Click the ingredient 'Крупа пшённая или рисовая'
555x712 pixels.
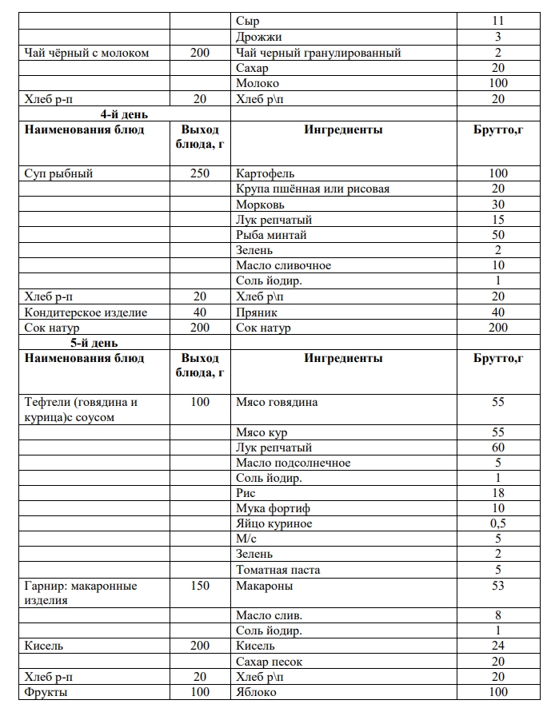pyautogui.click(x=313, y=189)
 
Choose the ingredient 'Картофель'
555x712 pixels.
pyautogui.click(x=266, y=173)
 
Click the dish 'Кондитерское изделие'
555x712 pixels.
pyautogui.click(x=86, y=312)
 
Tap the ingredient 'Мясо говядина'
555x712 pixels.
pyautogui.click(x=277, y=402)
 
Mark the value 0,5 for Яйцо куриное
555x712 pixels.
pyautogui.click(x=498, y=523)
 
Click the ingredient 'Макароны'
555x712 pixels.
pyautogui.click(x=264, y=586)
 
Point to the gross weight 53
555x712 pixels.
pyautogui.click(x=498, y=586)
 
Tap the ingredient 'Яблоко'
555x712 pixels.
pyautogui.click(x=256, y=692)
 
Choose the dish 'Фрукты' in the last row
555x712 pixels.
pyautogui.click(x=46, y=692)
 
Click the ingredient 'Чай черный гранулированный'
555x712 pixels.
pyautogui.click(x=318, y=53)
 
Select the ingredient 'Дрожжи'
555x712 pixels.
pyautogui.click(x=258, y=37)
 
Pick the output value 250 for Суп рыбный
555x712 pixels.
pyautogui.click(x=200, y=173)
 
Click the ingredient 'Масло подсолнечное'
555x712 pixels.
pyautogui.click(x=293, y=463)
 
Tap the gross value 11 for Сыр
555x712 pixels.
pyautogui.click(x=498, y=22)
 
